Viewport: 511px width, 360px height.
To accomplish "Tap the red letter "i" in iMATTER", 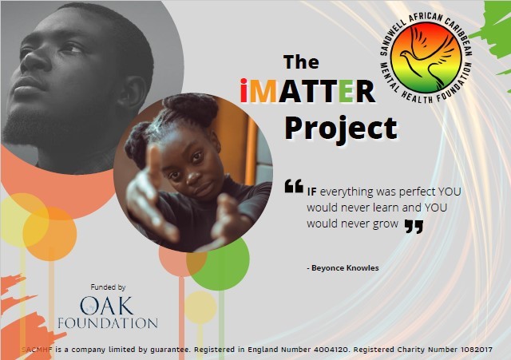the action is [245, 90].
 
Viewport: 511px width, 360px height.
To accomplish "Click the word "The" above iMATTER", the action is [301, 62].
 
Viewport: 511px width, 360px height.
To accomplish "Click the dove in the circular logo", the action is [426, 57].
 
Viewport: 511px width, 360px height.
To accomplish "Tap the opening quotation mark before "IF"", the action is [294, 186].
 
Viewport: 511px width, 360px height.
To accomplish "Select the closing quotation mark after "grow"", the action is [414, 226].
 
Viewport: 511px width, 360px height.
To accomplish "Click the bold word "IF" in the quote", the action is [312, 192].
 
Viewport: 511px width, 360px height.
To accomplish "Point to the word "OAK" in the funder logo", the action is [107, 306].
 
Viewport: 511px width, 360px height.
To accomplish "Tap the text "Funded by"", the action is [108, 287].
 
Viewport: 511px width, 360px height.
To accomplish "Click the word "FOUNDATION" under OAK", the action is [108, 323].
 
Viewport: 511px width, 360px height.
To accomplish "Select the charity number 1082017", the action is [477, 350].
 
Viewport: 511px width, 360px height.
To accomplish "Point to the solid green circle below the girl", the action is [220, 263].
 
